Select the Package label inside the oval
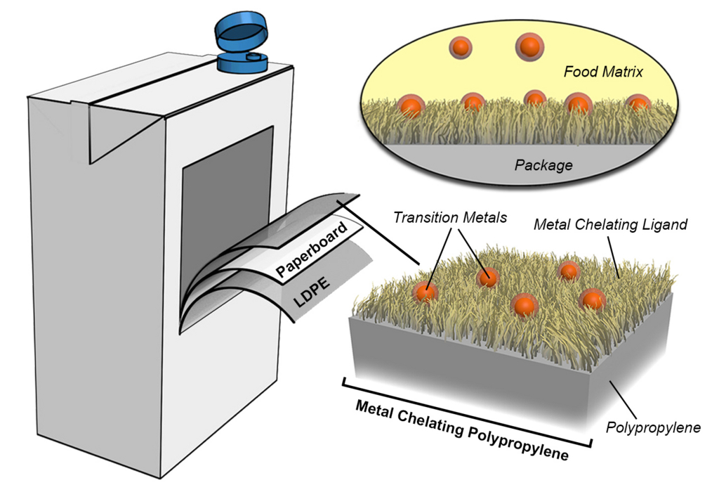[543, 166]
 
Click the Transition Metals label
[449, 218]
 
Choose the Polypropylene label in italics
[653, 427]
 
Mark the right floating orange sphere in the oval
[528, 47]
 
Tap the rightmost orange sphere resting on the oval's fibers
[638, 104]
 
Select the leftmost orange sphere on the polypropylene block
[424, 292]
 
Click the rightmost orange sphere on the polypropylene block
[593, 299]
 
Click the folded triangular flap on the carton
[105, 134]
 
